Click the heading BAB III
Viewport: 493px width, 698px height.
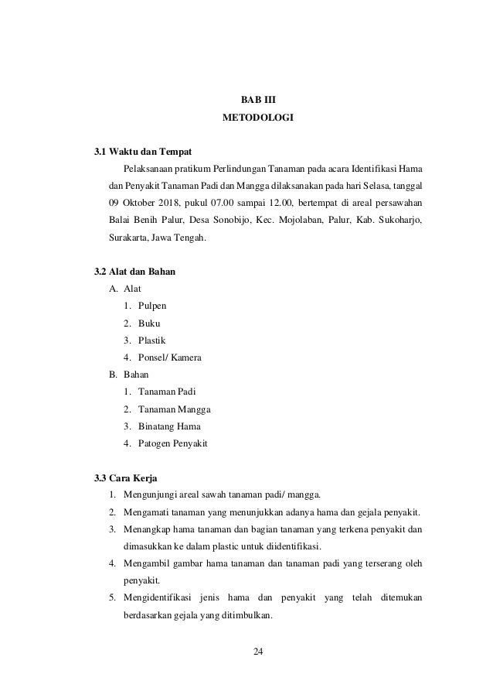[258, 100]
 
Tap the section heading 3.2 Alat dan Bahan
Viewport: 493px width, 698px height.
[139, 272]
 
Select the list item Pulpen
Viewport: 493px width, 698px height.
[152, 306]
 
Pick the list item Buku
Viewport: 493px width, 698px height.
[149, 323]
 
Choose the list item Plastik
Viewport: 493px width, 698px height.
[151, 340]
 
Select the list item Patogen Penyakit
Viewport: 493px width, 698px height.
[173, 443]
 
